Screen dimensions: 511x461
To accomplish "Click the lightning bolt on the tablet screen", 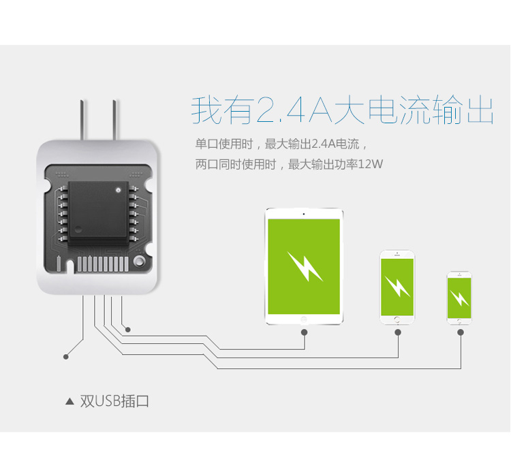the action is pos(305,266).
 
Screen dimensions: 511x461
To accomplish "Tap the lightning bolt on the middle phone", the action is pos(397,287).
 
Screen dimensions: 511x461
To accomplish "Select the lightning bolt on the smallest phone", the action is pos(459,298).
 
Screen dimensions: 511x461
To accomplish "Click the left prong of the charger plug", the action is pos(82,120).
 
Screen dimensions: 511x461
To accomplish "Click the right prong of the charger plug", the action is pos(115,120).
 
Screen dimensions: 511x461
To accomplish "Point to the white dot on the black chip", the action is pos(119,190).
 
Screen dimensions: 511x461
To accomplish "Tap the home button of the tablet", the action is pos(304,319).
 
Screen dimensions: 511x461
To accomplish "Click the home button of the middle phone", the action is pos(397,319).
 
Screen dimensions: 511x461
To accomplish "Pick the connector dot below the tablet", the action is pos(304,332).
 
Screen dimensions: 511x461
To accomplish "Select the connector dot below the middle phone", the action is pos(398,332).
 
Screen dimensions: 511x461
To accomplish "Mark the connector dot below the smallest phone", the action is pos(461,332).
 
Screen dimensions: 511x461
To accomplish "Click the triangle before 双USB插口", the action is pos(69,401).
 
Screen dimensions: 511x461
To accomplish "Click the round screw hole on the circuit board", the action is pos(140,261).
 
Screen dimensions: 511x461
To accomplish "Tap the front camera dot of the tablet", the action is pos(304,214).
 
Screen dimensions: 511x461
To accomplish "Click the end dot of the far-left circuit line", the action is pos(66,357).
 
